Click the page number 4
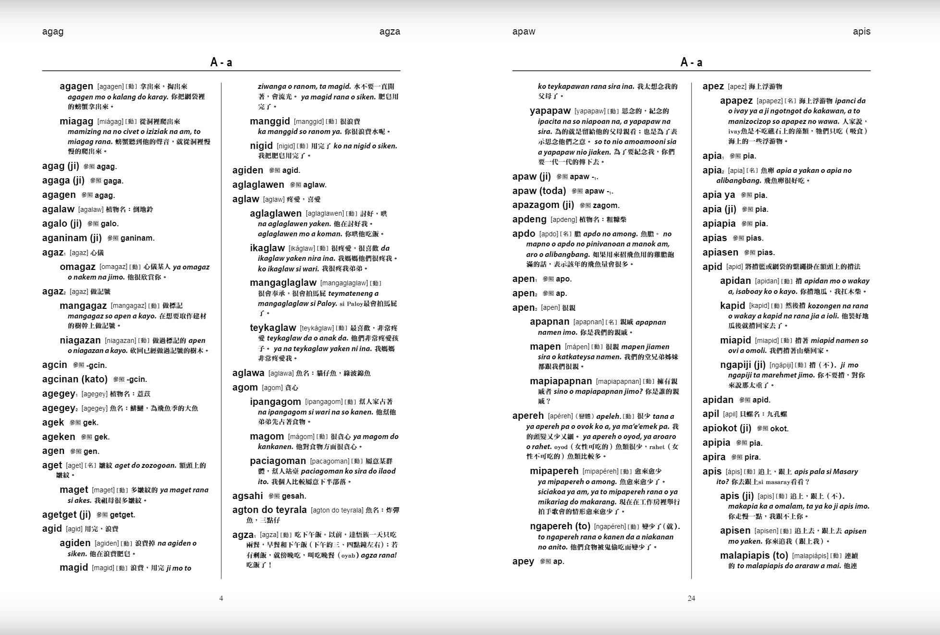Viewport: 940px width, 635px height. [x=221, y=598]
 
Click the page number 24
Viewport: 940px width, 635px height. [x=691, y=598]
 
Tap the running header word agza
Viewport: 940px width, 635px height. [x=390, y=32]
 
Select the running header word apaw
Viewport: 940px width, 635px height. [x=524, y=32]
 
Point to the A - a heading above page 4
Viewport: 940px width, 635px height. [x=221, y=62]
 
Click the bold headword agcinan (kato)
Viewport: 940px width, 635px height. [x=75, y=379]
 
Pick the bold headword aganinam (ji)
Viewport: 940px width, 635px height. [x=72, y=238]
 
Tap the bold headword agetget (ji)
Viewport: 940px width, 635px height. [x=66, y=514]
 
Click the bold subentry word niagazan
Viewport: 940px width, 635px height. [x=80, y=341]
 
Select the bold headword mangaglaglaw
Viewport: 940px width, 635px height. [x=283, y=283]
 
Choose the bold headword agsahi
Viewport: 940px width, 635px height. [x=247, y=496]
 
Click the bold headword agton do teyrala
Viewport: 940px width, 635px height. [x=269, y=510]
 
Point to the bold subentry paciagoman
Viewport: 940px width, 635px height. [x=278, y=461]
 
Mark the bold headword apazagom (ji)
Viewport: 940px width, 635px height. [x=543, y=205]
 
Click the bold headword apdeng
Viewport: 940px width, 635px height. [x=529, y=220]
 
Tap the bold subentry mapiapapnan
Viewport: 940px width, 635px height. [x=561, y=381]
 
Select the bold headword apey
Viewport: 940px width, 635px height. [x=523, y=562]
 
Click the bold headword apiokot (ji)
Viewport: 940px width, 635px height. [x=727, y=428]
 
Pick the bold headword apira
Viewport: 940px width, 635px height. [x=714, y=457]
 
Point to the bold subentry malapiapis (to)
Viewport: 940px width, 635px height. [x=754, y=556]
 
